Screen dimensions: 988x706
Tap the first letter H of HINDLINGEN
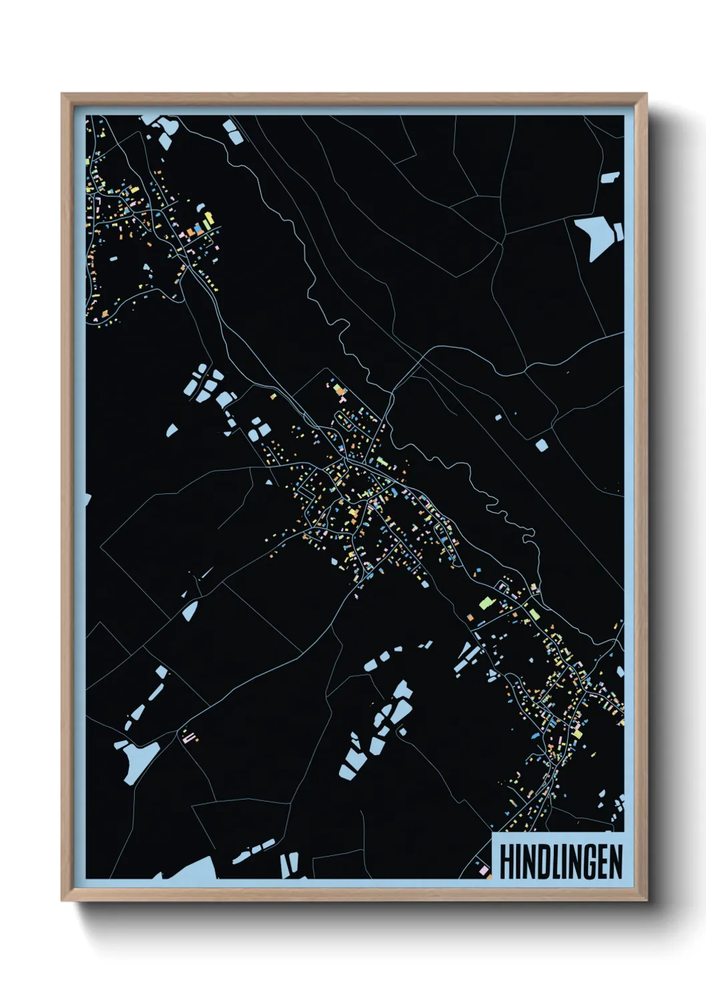[505, 862]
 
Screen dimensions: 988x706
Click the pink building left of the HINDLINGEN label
[483, 870]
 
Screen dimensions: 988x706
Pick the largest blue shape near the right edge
[597, 235]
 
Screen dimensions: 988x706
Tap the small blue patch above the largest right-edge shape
[610, 178]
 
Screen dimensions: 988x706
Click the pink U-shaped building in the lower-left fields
[189, 737]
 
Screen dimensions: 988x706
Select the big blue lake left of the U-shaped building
[137, 759]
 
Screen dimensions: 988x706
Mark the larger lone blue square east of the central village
[541, 445]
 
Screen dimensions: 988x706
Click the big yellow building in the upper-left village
[208, 218]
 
